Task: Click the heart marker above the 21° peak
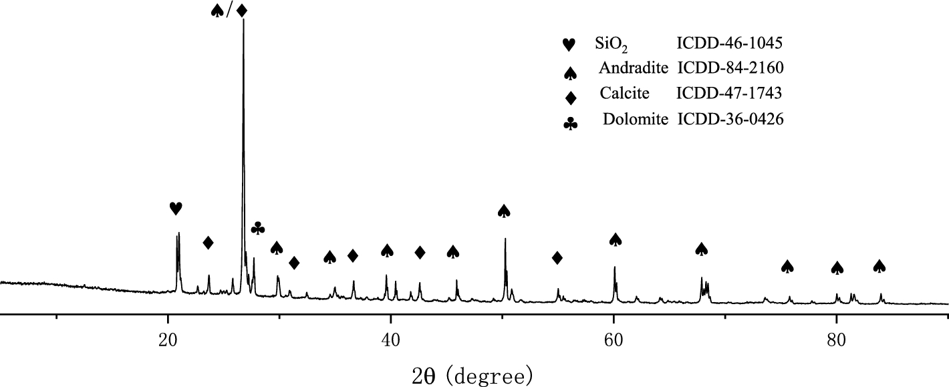[x=175, y=209]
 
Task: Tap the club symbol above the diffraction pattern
[x=258, y=229]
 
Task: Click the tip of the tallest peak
[x=243, y=20]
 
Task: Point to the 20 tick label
[x=168, y=338]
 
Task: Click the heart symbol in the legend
[x=569, y=45]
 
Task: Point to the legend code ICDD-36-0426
[x=730, y=120]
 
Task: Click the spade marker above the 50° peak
[x=504, y=211]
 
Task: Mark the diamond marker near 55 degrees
[x=557, y=258]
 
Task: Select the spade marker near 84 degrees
[x=879, y=266]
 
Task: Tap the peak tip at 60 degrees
[x=614, y=267]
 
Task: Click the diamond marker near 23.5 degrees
[x=208, y=242]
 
